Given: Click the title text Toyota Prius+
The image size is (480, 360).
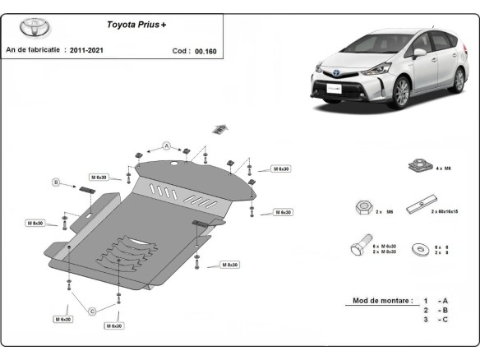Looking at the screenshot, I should tap(136, 25).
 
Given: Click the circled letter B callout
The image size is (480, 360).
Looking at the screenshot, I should tap(57, 182).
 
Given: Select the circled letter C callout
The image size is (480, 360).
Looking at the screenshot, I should tap(92, 310).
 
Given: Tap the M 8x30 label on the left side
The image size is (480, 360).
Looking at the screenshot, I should tap(35, 223).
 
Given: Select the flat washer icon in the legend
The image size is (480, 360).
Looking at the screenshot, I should tap(420, 247).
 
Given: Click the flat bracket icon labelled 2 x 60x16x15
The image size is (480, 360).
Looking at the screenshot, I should tap(427, 202).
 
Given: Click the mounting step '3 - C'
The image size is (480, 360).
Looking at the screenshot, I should tap(435, 320).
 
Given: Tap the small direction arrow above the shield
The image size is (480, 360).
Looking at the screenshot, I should tap(219, 127).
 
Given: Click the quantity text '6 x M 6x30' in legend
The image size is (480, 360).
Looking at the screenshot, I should tap(384, 246).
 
